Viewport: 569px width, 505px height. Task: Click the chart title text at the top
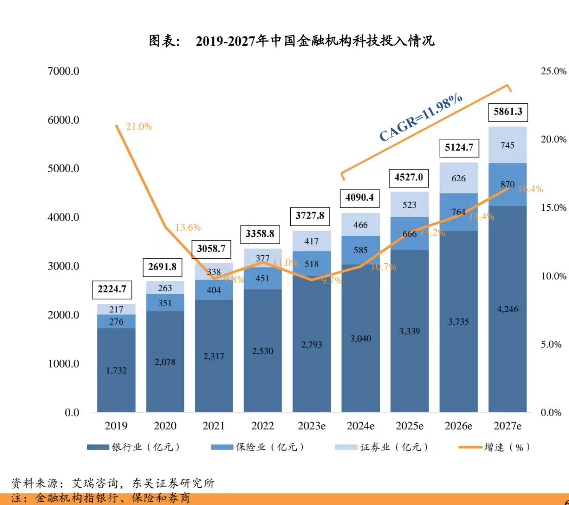[292, 41]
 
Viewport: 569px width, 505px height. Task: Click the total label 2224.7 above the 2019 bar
[112, 289]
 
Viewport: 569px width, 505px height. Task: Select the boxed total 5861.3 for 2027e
[508, 112]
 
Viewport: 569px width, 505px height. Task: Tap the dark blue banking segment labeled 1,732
[116, 370]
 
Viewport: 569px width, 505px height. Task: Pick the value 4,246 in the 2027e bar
[507, 309]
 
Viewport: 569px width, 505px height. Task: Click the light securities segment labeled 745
[507, 145]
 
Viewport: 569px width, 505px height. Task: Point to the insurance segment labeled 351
[165, 303]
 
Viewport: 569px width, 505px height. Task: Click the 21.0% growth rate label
[139, 126]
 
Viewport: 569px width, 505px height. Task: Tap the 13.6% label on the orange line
[188, 227]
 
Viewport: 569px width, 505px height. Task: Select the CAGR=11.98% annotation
[420, 117]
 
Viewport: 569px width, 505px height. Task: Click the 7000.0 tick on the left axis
[63, 71]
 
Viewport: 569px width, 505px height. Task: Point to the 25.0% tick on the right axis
[553, 71]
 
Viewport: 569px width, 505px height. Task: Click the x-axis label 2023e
[311, 426]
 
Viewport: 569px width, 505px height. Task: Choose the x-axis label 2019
[116, 426]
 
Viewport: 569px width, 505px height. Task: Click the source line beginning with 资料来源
[113, 483]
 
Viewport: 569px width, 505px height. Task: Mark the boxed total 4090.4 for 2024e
[359, 197]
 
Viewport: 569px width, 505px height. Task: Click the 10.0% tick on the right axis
[553, 276]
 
